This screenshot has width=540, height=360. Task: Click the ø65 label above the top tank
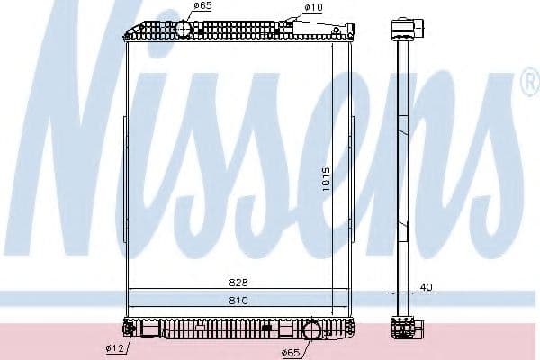click(x=202, y=5)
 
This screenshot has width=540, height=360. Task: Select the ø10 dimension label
click(x=313, y=7)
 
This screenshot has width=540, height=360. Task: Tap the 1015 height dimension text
click(x=326, y=179)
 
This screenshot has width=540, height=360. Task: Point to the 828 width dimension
click(x=238, y=283)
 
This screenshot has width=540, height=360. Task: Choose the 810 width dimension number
click(x=238, y=301)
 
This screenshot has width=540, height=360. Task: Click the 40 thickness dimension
click(x=427, y=287)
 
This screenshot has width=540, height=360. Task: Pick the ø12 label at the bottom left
click(x=115, y=348)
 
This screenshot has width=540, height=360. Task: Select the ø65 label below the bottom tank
click(x=291, y=353)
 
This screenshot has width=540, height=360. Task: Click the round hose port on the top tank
click(x=184, y=30)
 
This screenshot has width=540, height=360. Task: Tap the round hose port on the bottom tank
click(x=312, y=329)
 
